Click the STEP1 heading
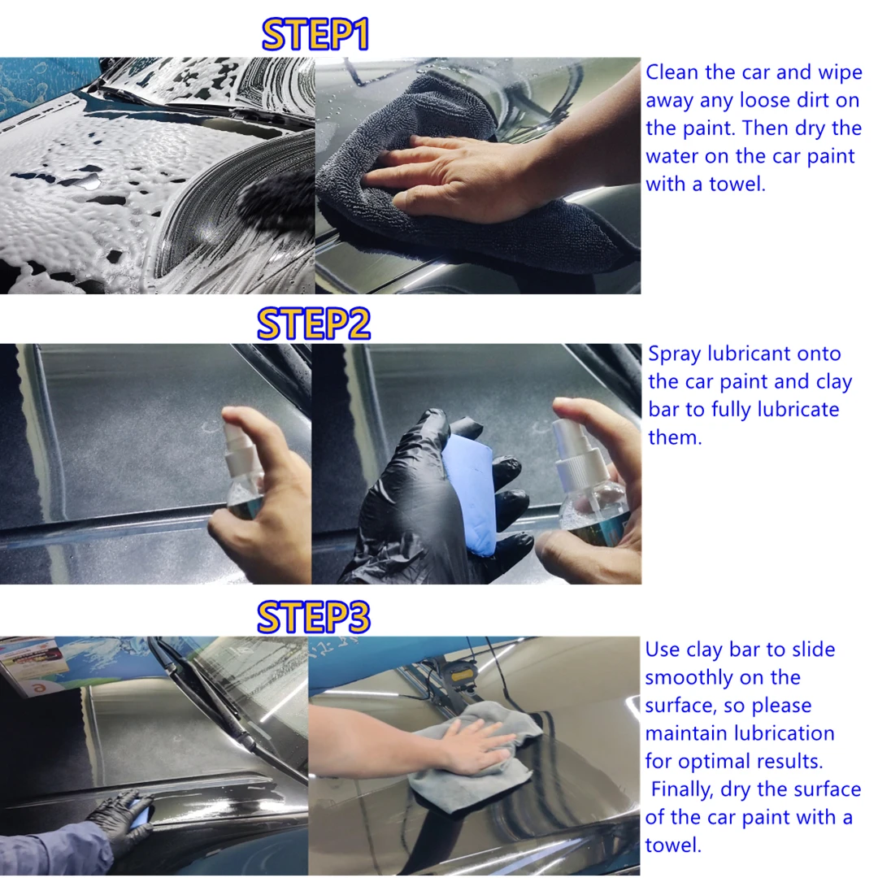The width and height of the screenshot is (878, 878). click(315, 35)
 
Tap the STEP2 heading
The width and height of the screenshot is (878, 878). click(314, 324)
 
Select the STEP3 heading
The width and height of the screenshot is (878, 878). click(314, 617)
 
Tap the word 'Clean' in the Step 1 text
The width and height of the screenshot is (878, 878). click(672, 72)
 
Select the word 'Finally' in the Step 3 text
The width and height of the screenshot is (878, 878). click(683, 789)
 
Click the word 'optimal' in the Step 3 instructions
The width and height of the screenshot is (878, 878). click(721, 762)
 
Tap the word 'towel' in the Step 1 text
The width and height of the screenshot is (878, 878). click(737, 185)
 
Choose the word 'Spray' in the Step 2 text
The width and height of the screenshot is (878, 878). click(675, 354)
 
